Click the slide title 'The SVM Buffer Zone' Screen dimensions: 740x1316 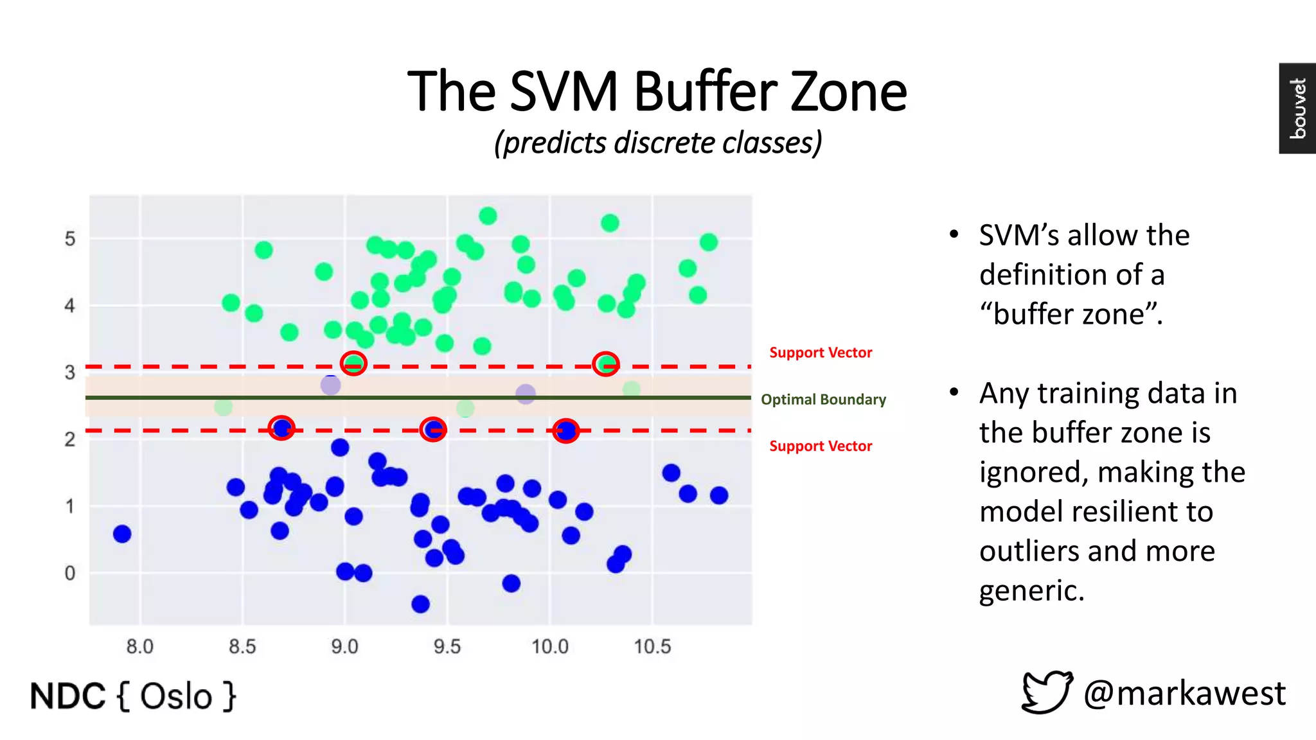coord(657,92)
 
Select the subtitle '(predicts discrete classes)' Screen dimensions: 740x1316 coord(657,143)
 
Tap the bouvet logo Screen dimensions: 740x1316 coord(1297,108)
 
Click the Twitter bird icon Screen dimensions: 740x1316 coord(1047,692)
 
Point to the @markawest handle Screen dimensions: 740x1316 coord(1184,694)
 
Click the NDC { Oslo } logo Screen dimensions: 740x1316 coord(133,696)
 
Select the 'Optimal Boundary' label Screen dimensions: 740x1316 coord(823,400)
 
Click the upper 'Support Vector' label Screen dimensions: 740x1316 coord(821,353)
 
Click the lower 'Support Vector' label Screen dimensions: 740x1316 coord(821,446)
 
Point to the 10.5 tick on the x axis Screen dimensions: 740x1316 coord(652,646)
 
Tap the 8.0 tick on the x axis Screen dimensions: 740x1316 coord(139,646)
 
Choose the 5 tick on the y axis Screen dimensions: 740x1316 coord(70,239)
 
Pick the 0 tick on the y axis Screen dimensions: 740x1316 coord(70,573)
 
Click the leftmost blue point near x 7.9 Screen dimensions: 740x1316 coord(122,534)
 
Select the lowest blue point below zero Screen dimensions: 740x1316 coord(420,604)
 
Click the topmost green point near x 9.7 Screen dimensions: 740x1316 coord(488,216)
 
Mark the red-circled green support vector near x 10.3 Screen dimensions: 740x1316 coord(605,364)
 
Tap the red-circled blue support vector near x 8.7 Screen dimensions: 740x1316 coord(281,428)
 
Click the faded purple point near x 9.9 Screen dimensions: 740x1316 coord(526,394)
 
